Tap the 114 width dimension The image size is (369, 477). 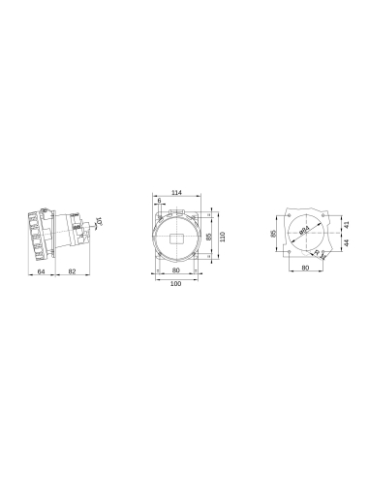pos(176,193)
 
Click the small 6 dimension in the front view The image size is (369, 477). pos(159,201)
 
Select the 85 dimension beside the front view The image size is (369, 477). pos(208,235)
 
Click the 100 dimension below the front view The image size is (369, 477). pos(176,284)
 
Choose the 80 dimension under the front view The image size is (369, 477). pos(176,271)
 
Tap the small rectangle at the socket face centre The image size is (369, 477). pos(177,236)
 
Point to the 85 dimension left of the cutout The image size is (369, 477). pos(273,234)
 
